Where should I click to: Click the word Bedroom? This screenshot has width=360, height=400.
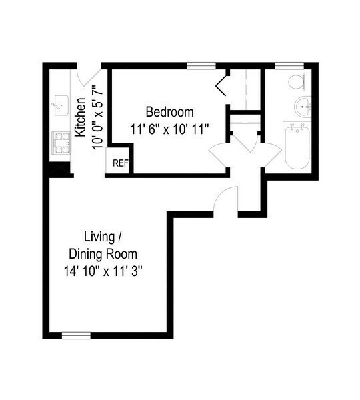(x=169, y=111)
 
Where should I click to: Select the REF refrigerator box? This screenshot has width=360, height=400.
(x=120, y=163)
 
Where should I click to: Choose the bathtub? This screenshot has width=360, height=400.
(x=296, y=147)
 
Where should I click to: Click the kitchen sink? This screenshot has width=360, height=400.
(x=61, y=104)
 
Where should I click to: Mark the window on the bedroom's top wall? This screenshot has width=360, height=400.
(x=197, y=65)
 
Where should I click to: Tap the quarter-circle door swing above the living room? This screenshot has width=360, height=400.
(x=227, y=199)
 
